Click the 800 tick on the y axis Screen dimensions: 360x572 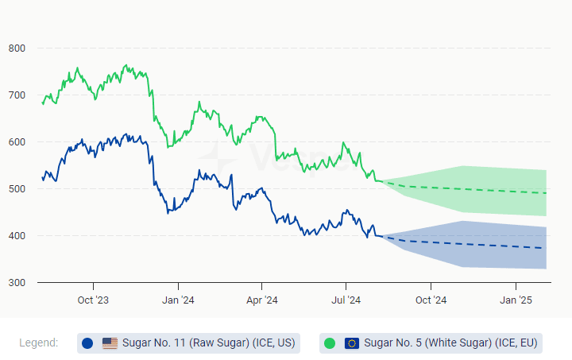click(17, 48)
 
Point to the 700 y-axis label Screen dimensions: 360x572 click(17, 95)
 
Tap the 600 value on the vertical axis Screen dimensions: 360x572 click(17, 142)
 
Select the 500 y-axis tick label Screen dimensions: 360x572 click(17, 189)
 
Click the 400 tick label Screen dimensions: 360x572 click(17, 236)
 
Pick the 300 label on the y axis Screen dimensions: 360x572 click(17, 283)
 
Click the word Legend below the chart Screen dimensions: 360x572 click(38, 343)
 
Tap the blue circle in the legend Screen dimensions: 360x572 click(87, 343)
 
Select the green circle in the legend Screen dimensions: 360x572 click(330, 343)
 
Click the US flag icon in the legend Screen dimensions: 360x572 click(110, 343)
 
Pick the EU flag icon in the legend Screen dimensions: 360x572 click(352, 343)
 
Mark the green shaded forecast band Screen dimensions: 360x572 click(477, 191)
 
